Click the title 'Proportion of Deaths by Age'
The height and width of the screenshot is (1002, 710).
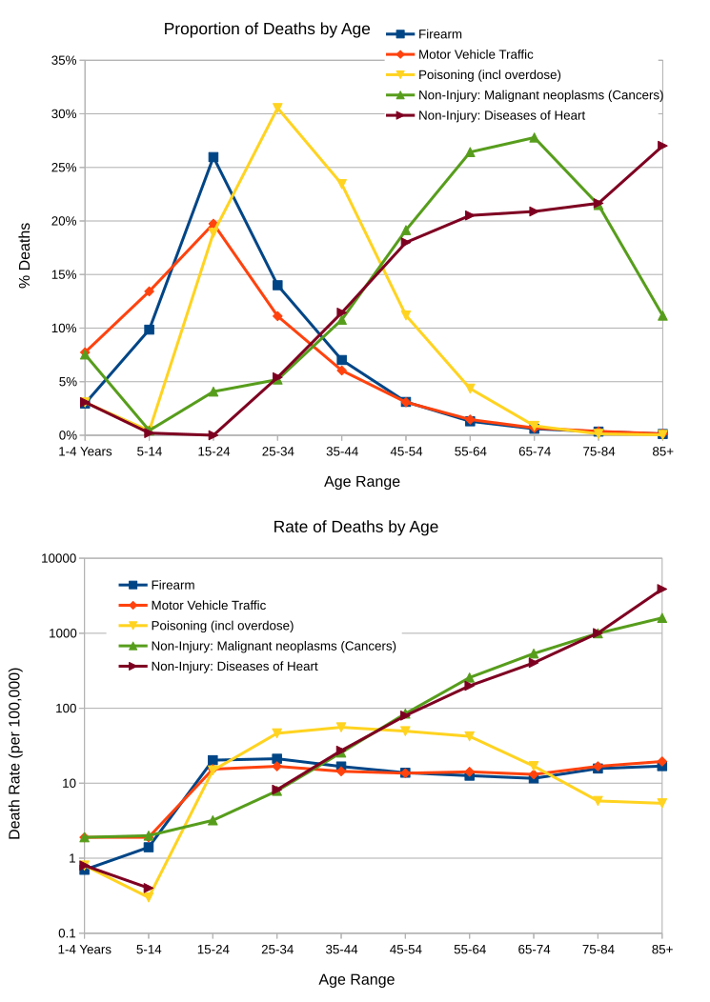[x=267, y=29]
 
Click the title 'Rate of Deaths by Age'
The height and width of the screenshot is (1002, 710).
[x=355, y=527]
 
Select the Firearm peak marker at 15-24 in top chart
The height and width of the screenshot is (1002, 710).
[x=213, y=157]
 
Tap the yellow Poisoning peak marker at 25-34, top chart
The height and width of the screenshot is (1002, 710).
[x=277, y=108]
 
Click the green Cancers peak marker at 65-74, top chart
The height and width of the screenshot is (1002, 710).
[x=534, y=138]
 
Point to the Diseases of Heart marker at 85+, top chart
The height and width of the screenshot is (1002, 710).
[x=662, y=146]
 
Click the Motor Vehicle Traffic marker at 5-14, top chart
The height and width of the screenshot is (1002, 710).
[x=149, y=291]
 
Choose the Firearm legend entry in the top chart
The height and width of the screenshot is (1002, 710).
[x=439, y=33]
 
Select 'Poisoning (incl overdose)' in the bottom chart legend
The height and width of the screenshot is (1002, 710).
[x=222, y=626]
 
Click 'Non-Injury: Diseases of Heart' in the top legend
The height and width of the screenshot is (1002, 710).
[x=501, y=115]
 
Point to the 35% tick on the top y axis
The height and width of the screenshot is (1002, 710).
[x=64, y=60]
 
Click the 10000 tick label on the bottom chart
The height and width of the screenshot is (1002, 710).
[x=57, y=558]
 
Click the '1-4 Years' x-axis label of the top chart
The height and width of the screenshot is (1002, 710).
[x=85, y=451]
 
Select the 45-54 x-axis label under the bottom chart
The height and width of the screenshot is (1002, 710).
[x=406, y=950]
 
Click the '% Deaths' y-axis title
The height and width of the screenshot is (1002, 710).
[x=26, y=254]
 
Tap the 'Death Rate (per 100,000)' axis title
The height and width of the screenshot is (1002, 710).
[x=15, y=752]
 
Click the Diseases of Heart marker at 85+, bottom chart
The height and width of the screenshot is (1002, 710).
[x=662, y=589]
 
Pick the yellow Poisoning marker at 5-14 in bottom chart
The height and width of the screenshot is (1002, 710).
[x=149, y=896]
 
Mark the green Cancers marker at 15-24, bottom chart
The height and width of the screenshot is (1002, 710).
[x=213, y=820]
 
